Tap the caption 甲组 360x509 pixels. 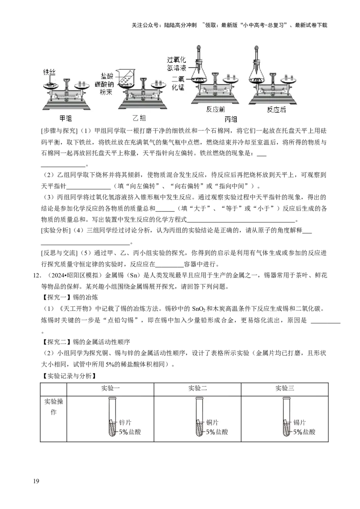point(66,118)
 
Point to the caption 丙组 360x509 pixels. point(230,120)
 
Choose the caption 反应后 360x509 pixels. point(276,110)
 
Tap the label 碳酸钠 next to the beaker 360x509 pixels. point(104,85)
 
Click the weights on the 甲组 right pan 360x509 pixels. point(82,83)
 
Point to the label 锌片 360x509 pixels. point(126,423)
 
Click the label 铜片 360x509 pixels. point(212,423)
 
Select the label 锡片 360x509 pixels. point(299,423)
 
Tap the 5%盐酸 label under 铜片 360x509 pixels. point(216,432)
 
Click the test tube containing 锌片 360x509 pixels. point(112,418)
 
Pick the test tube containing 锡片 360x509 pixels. point(285,418)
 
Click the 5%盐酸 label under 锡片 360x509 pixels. point(304,432)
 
